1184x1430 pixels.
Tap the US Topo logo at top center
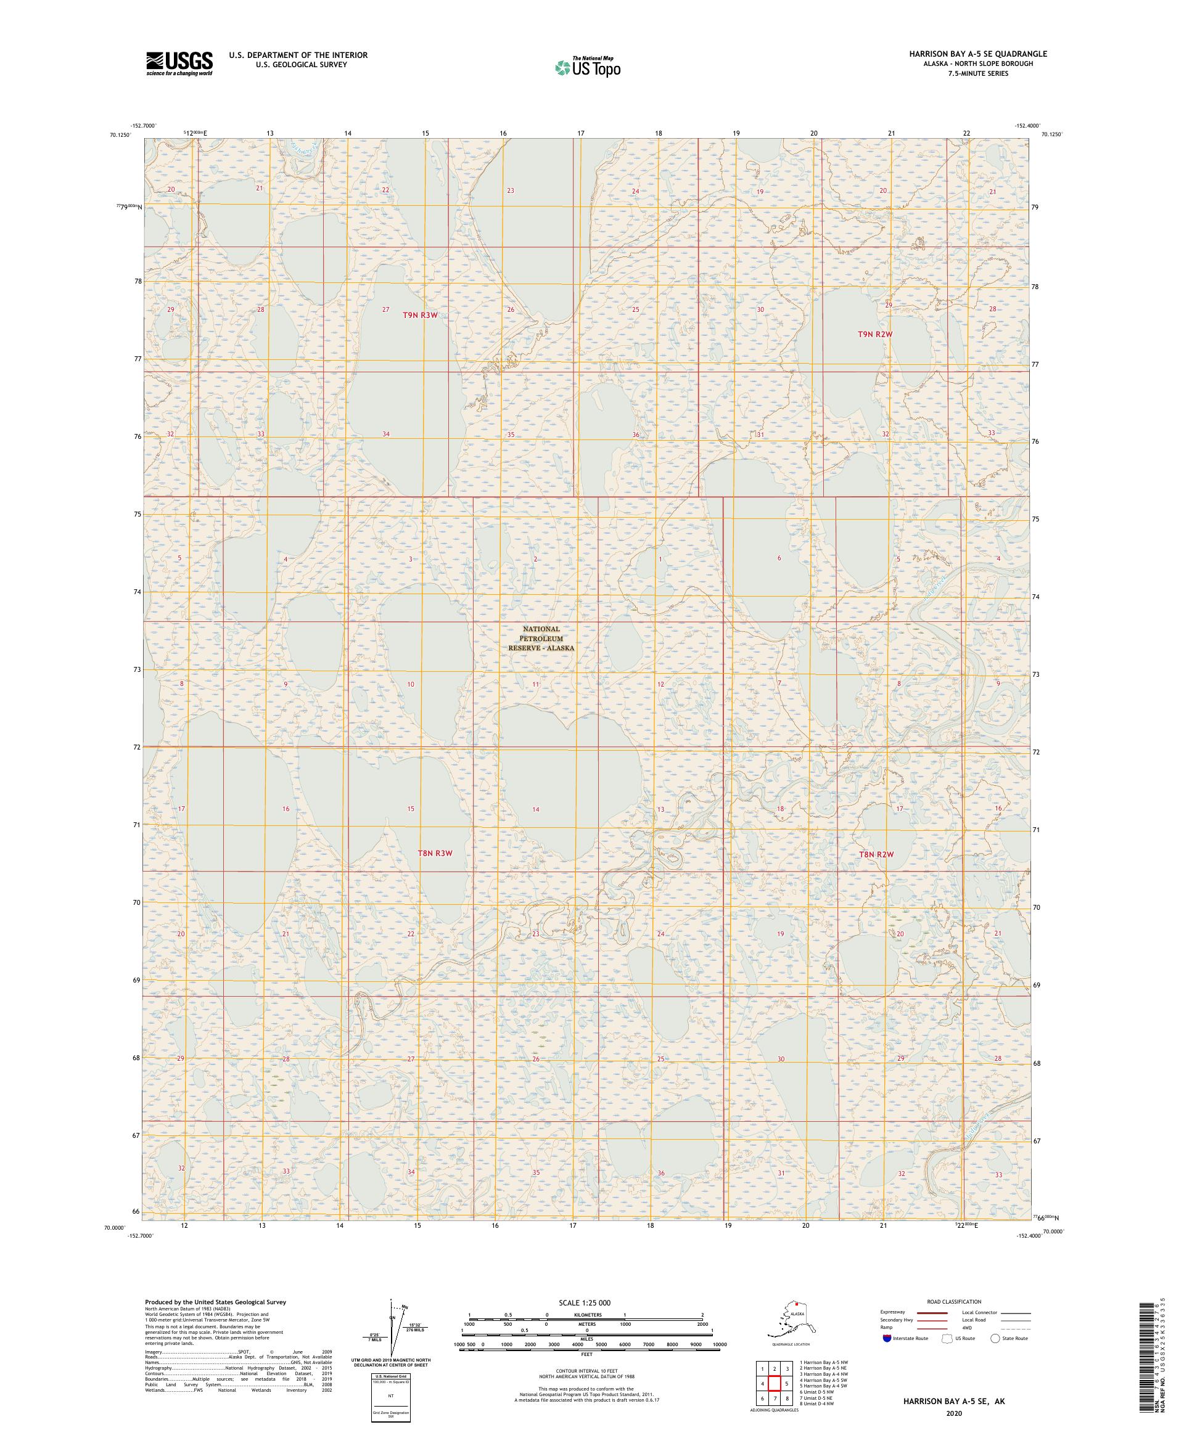pyautogui.click(x=586, y=67)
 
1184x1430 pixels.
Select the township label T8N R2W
pyautogui.click(x=876, y=854)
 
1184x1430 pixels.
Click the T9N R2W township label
pyautogui.click(x=874, y=334)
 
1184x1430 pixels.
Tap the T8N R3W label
pyautogui.click(x=435, y=852)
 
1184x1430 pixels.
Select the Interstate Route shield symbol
pyautogui.click(x=886, y=1338)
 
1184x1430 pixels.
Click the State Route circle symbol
pyautogui.click(x=995, y=1338)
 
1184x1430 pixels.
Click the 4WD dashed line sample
pyautogui.click(x=1015, y=1327)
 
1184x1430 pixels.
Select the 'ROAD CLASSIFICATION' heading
pyautogui.click(x=953, y=1301)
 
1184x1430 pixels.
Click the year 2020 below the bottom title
pyautogui.click(x=953, y=1413)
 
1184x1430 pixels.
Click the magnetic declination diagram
pyautogui.click(x=393, y=1328)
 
